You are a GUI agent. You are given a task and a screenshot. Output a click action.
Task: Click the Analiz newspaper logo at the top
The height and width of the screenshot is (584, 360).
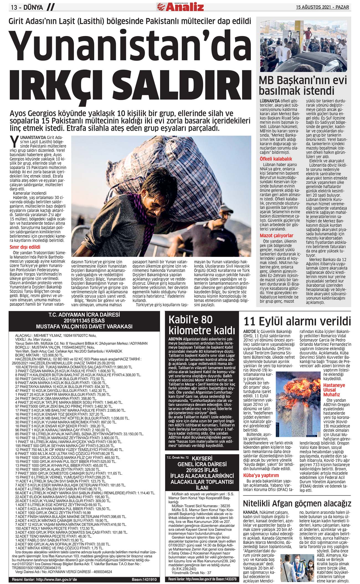[x=180, y=6]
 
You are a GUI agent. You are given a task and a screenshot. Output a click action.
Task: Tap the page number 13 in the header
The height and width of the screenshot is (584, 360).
[x=14, y=7]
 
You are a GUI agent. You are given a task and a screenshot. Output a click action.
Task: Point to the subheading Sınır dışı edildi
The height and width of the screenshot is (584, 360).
[x=25, y=247]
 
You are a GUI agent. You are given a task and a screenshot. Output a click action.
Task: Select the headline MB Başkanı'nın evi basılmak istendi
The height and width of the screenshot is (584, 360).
[x=299, y=85]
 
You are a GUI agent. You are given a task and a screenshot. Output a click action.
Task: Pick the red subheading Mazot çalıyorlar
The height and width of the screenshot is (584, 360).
[x=276, y=235]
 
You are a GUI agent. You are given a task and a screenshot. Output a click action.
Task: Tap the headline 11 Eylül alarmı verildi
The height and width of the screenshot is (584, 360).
[x=297, y=321]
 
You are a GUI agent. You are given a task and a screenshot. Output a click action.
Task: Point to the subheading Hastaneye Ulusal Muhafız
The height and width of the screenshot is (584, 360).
[x=334, y=390]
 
